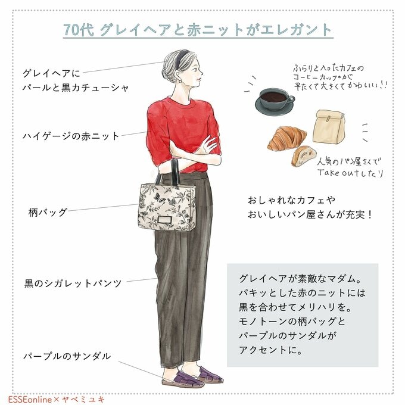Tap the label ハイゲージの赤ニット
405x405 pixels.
71,136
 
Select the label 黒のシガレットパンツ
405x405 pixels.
73,283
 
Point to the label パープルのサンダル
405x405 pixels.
67,356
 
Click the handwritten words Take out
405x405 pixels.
340,173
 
